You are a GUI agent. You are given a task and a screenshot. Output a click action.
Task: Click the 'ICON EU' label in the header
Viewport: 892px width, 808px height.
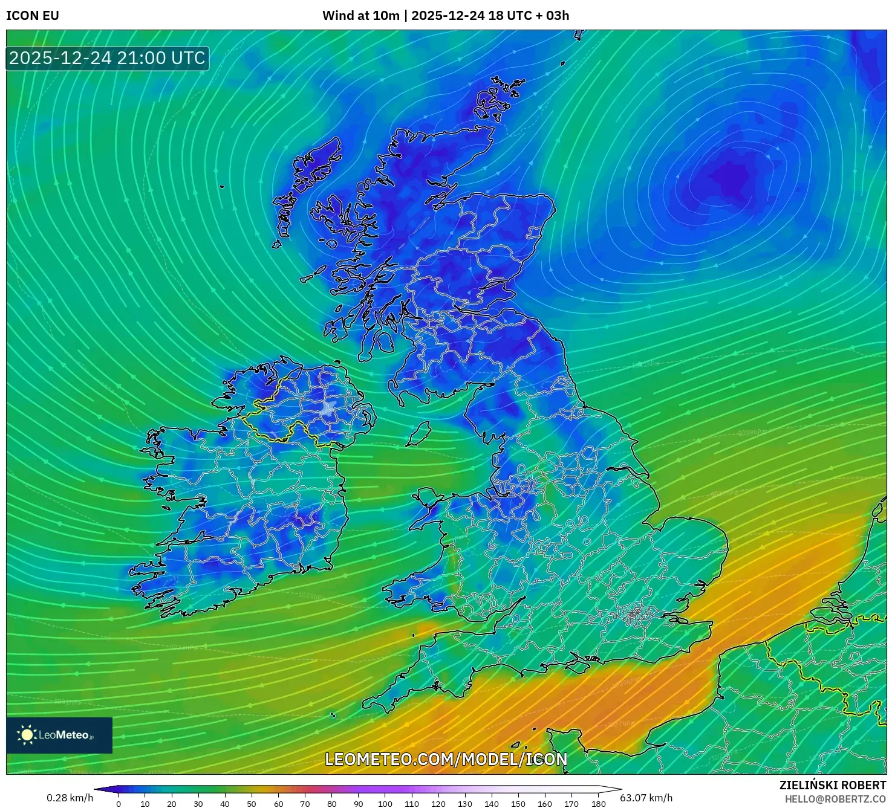tap(33, 16)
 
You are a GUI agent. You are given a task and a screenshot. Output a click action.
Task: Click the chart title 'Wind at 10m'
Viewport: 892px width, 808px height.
tap(360, 16)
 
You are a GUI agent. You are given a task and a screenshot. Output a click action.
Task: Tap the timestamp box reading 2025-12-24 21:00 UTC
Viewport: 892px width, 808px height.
tap(108, 59)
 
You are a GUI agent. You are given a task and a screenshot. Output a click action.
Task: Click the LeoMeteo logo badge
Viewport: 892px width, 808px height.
tap(59, 735)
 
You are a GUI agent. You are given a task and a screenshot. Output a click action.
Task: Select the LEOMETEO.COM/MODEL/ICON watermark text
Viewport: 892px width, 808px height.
tap(446, 759)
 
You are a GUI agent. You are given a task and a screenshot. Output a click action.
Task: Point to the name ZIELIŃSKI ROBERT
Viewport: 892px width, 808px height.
tap(833, 785)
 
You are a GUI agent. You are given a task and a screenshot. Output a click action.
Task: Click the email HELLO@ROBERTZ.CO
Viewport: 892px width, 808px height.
tap(835, 799)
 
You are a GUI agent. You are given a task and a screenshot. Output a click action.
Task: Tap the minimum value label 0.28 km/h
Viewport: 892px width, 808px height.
tap(70, 798)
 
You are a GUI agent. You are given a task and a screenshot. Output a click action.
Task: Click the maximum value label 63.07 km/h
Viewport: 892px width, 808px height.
tap(646, 798)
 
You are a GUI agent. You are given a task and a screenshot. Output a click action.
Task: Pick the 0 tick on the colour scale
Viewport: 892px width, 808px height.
tap(119, 804)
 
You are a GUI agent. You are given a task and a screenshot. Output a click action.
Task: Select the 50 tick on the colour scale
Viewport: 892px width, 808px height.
tap(252, 804)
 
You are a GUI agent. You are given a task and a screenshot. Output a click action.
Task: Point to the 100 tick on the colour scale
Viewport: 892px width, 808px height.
tap(385, 804)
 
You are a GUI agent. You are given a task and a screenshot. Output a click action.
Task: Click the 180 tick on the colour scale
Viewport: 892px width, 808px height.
tap(599, 804)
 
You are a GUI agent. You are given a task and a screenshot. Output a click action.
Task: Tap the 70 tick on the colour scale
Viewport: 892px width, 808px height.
tap(305, 804)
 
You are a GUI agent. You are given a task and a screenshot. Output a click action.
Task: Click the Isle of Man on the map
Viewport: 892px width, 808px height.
tap(418, 434)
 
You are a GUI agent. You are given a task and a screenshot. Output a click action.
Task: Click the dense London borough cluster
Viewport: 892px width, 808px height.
tap(634, 615)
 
